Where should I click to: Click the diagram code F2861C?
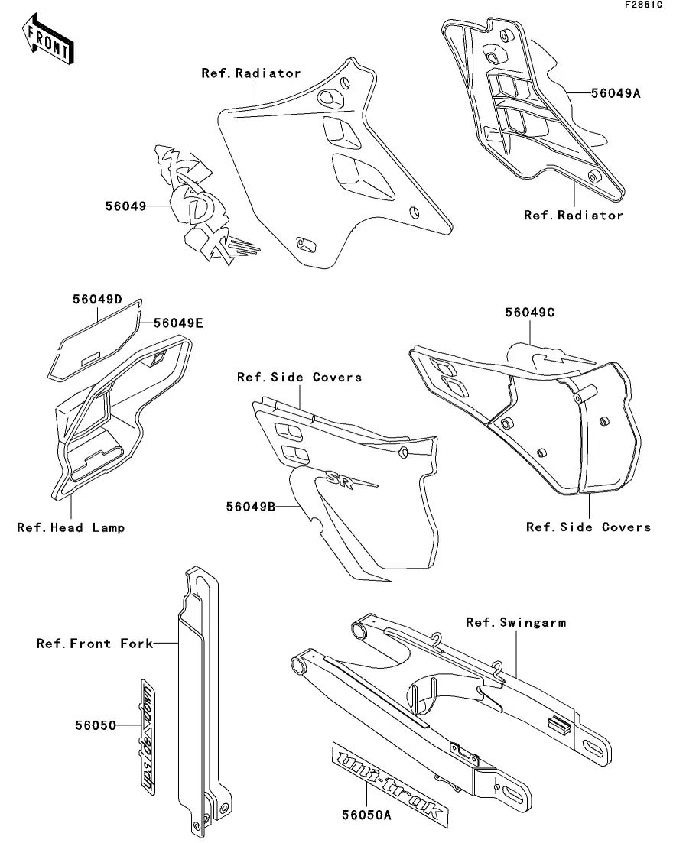(x=642, y=5)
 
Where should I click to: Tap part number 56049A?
(x=616, y=94)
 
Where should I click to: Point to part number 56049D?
(x=98, y=299)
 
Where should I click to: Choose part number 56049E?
(x=178, y=323)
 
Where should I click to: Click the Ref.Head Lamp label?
(x=71, y=527)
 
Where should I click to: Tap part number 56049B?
(x=250, y=505)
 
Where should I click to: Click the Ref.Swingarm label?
(x=516, y=623)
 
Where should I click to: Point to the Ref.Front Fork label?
(x=95, y=644)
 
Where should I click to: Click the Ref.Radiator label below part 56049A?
(x=574, y=216)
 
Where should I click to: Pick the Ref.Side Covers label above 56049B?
(x=300, y=377)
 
